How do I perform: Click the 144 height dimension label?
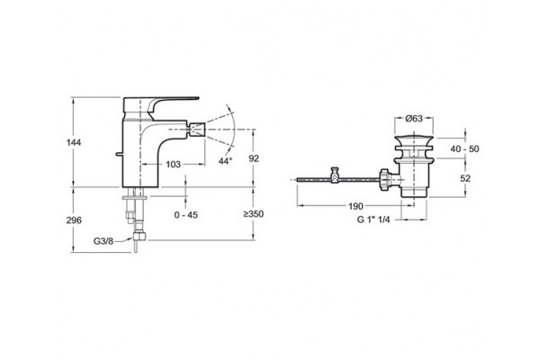click(x=74, y=142)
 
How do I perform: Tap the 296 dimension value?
click(x=74, y=220)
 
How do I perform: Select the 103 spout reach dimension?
click(x=173, y=165)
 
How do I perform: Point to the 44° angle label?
click(x=226, y=161)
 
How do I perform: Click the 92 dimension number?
click(x=254, y=158)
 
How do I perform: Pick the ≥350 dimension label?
click(x=254, y=214)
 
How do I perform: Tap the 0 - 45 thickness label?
click(x=186, y=215)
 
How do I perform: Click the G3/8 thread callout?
click(x=103, y=241)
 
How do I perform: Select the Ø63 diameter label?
click(x=414, y=119)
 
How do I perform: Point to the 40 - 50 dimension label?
click(x=465, y=148)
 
